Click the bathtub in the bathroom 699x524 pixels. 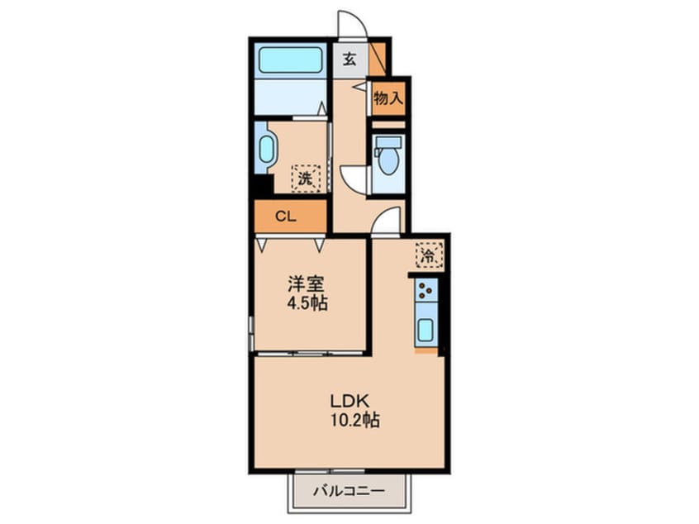pos(290,60)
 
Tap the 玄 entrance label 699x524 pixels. pos(350,60)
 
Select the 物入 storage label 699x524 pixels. pos(388,98)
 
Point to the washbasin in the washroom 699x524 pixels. pos(266,149)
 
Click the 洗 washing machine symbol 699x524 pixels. pos(306,179)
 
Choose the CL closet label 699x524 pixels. pos(286,217)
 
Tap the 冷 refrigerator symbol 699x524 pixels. pos(430,255)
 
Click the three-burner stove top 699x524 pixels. pos(426,290)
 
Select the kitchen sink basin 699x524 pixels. pos(426,331)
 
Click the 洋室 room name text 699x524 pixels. pos(306,283)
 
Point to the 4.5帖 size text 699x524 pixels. pos(307,303)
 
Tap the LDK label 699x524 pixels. pos(349,401)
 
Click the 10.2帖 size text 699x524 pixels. pos(354,420)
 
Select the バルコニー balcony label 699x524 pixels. pos(349,492)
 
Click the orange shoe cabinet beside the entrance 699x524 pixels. pos(377,60)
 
